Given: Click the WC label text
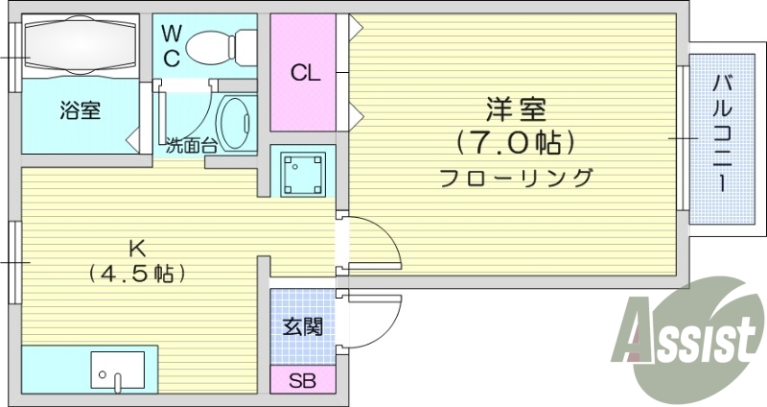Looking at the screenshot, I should point(171,45).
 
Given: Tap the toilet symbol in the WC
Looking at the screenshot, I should point(218,44).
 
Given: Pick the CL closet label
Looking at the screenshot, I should point(306,73).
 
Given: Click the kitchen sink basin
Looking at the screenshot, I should point(117,370).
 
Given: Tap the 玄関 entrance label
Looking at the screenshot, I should point(302,326).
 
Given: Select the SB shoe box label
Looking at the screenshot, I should point(302,380).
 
